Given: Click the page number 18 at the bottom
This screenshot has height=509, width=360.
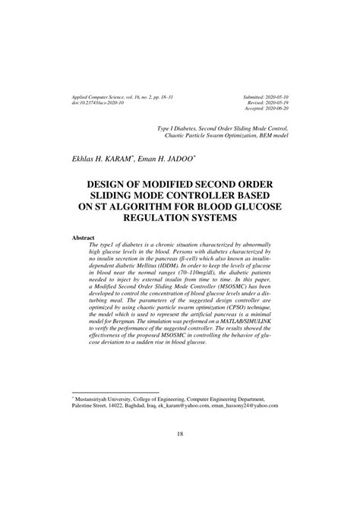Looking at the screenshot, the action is click(180, 455).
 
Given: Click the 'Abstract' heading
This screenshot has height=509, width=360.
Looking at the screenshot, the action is click(83, 238).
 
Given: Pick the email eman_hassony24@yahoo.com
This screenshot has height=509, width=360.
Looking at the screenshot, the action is click(250, 406).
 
